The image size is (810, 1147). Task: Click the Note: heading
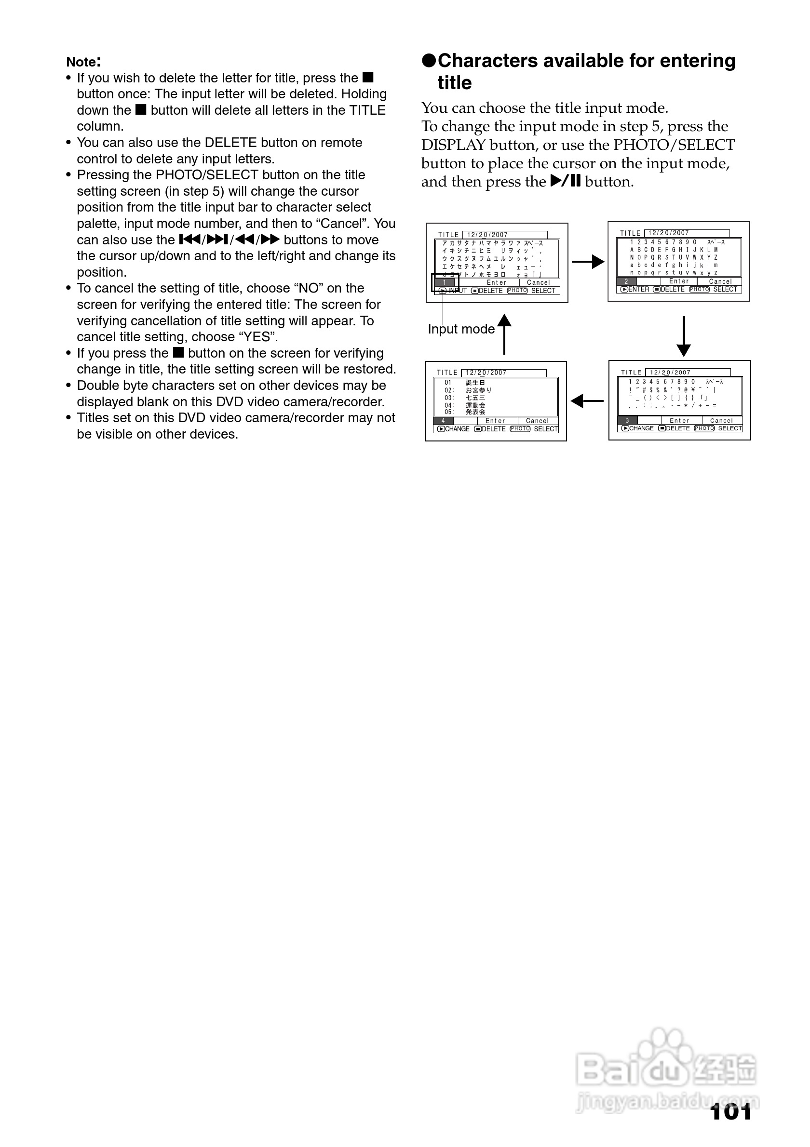coord(83,62)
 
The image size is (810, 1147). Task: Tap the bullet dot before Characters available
coord(429,61)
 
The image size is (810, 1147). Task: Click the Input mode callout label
coord(461,329)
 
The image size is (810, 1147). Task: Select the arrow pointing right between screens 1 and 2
coord(588,262)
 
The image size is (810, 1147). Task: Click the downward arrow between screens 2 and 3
coord(683,336)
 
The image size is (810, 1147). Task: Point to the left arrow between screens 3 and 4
coord(587,400)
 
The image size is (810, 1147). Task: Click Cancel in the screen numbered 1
coord(538,283)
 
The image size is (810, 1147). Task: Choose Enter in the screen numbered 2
coord(678,282)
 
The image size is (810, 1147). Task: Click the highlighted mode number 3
coord(627,421)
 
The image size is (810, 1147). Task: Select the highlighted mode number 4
coord(443,421)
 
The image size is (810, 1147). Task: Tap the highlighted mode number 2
coord(626,282)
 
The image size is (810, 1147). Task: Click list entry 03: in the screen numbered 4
coord(449,398)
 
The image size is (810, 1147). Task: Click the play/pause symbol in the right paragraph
coord(565,181)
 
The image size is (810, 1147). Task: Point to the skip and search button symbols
coord(229,240)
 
